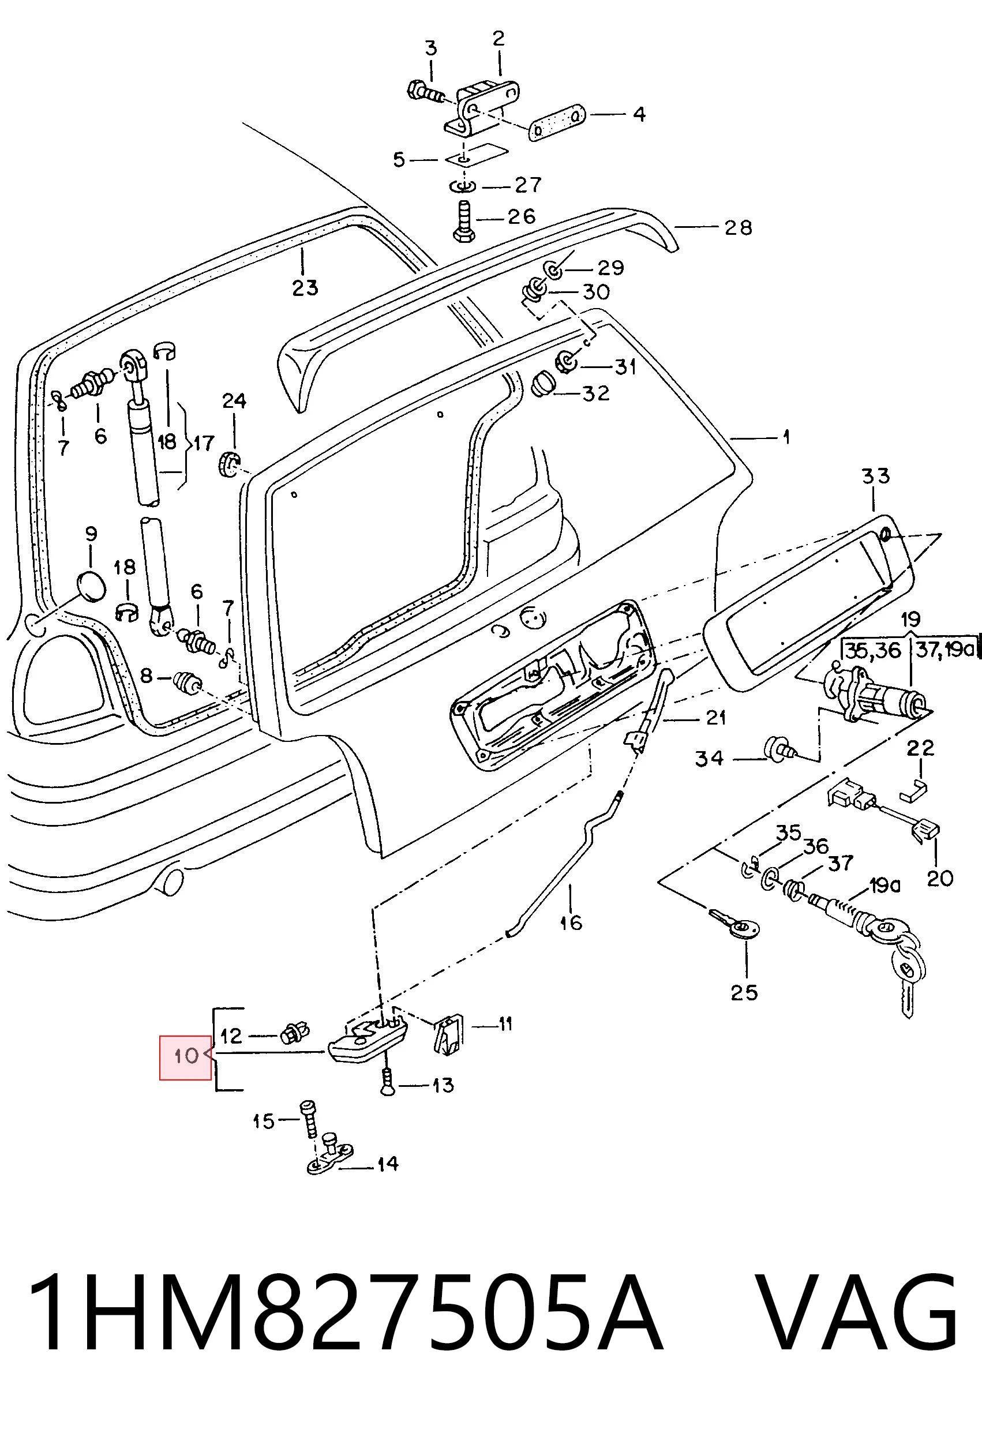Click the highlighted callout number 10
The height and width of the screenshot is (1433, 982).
(x=186, y=1056)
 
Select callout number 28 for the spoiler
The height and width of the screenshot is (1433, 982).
(x=739, y=227)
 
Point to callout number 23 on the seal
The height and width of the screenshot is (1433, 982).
(x=305, y=287)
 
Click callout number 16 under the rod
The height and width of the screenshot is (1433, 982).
(x=571, y=922)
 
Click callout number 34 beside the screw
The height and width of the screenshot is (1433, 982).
(x=709, y=759)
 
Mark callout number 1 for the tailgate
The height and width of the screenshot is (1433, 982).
(x=786, y=438)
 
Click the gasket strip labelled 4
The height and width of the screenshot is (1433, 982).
(x=556, y=123)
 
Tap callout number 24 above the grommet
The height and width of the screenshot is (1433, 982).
(x=234, y=401)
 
